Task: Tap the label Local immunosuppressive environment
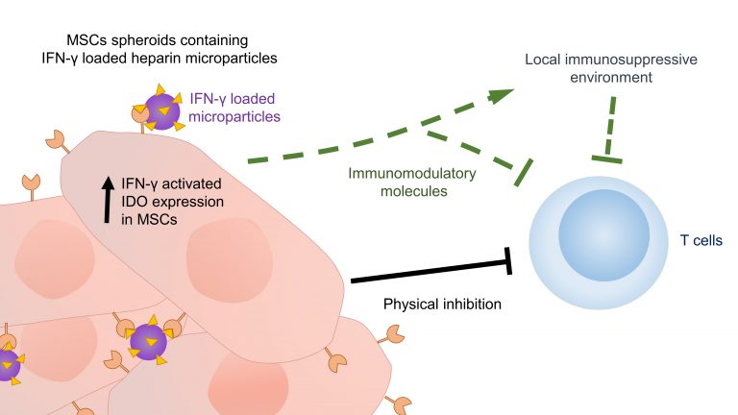point(610,68)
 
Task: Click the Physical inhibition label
point(441,305)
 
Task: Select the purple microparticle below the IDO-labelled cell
point(147,340)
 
